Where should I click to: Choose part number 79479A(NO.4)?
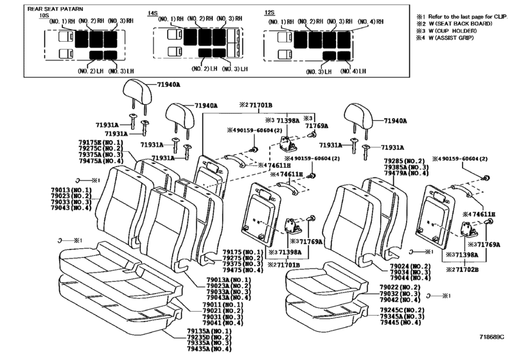click(405, 174)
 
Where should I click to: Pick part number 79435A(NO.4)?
click(209, 349)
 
